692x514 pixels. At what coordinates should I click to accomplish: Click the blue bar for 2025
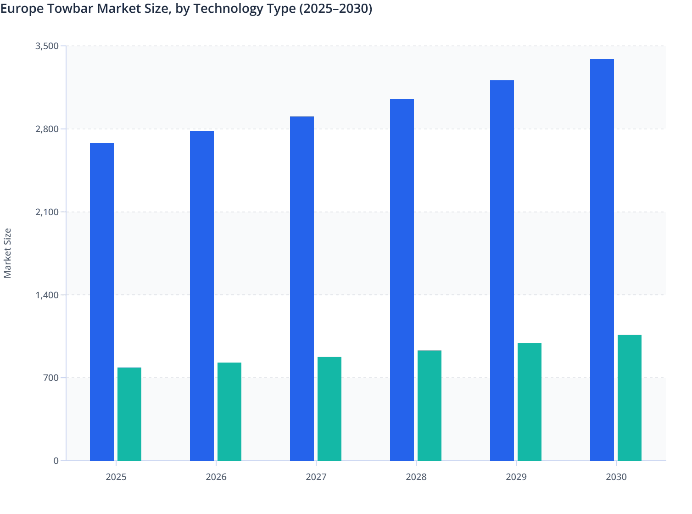coord(102,302)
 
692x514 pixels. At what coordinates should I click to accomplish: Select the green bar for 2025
coord(129,414)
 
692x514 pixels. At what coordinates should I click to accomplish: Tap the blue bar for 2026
coord(202,296)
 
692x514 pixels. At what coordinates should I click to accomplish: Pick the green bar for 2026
coord(229,412)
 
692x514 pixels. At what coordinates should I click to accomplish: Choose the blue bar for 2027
coord(302,289)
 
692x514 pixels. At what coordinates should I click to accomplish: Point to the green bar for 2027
coord(329,409)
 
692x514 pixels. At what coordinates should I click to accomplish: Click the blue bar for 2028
coord(402,280)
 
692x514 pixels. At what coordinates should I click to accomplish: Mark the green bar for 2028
coord(430,406)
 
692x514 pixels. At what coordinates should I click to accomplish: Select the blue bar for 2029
coord(502,270)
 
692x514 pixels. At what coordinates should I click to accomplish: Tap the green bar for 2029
coord(530,402)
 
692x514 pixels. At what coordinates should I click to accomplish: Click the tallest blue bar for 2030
coord(602,260)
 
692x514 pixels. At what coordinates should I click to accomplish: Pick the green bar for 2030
coord(630,398)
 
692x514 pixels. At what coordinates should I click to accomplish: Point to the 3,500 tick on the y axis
coord(47,46)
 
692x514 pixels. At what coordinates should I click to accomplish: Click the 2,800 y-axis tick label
coord(47,129)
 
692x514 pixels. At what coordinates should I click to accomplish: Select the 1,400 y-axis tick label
coord(47,295)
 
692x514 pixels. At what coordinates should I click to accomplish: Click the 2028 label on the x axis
coord(416,477)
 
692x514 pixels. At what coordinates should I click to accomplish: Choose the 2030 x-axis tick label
coord(616,477)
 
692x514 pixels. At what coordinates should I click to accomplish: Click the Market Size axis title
coord(7,253)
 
